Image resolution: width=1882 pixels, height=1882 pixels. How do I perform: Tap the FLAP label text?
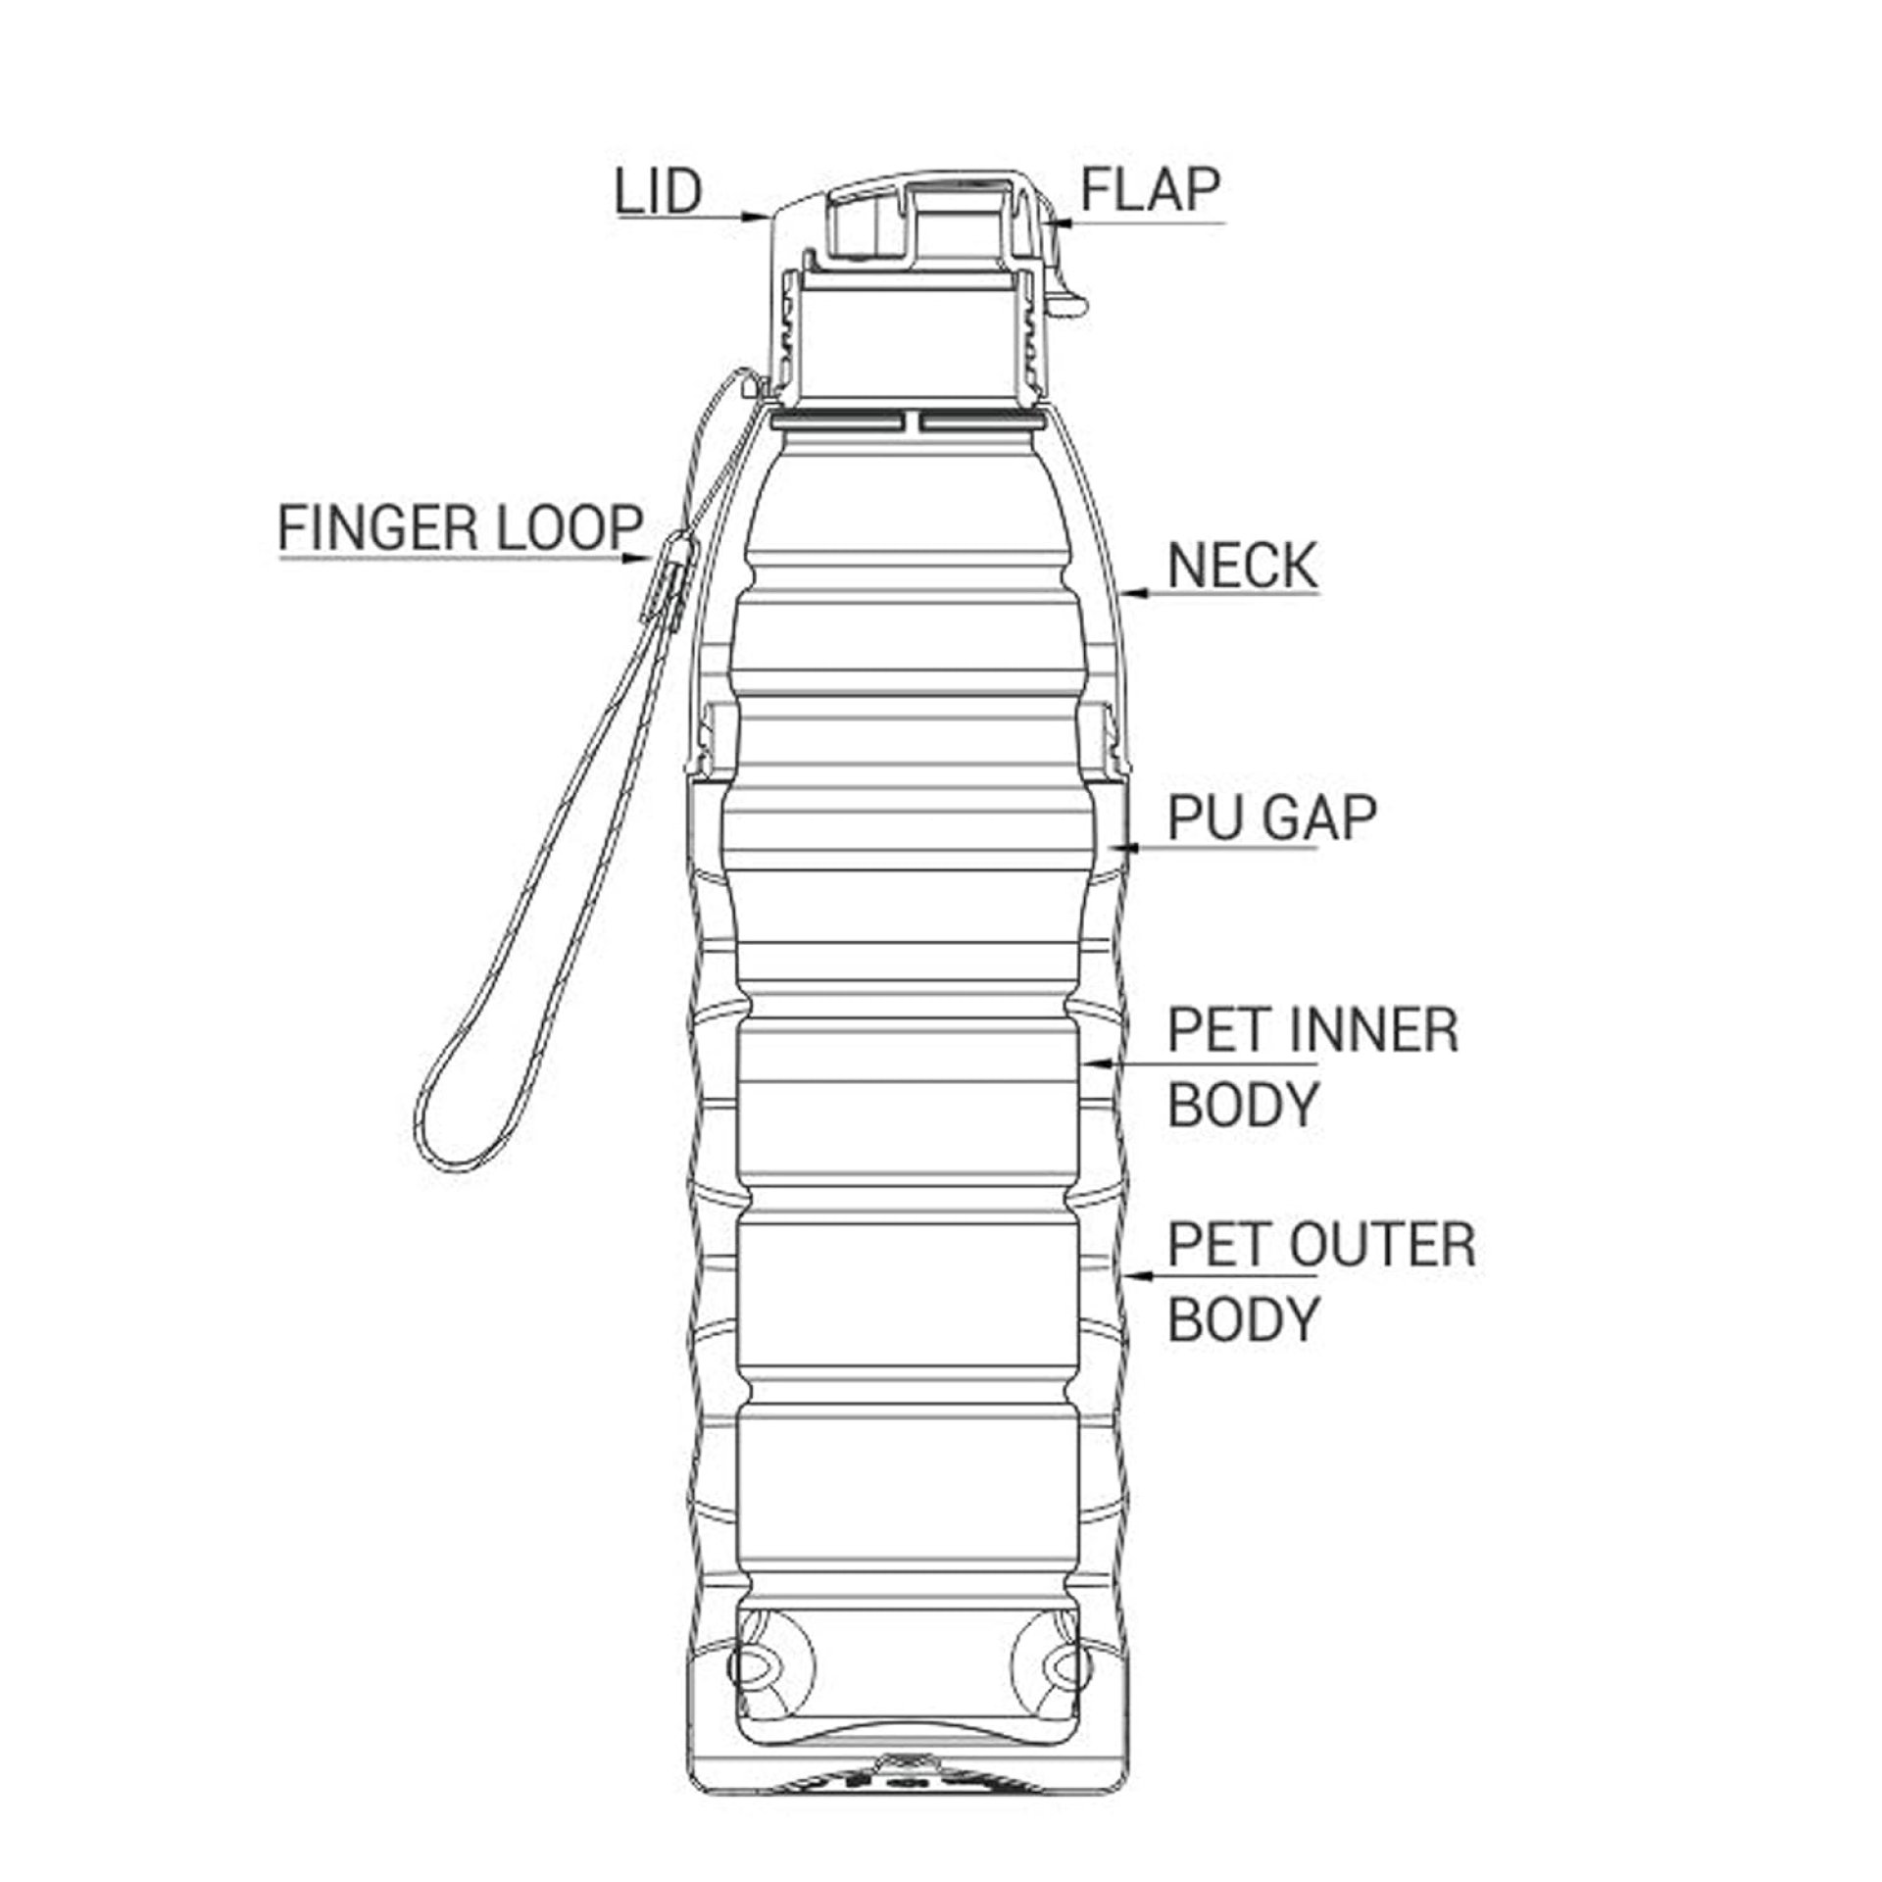1151,189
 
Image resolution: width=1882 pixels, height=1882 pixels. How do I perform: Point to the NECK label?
1243,566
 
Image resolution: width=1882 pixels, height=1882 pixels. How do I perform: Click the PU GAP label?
1272,817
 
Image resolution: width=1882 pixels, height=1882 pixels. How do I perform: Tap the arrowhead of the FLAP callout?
1057,223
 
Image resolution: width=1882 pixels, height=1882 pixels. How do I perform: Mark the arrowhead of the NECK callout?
1134,592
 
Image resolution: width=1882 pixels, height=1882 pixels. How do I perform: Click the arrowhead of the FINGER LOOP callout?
635,559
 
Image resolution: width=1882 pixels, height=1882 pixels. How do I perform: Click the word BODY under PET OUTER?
1243,1318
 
